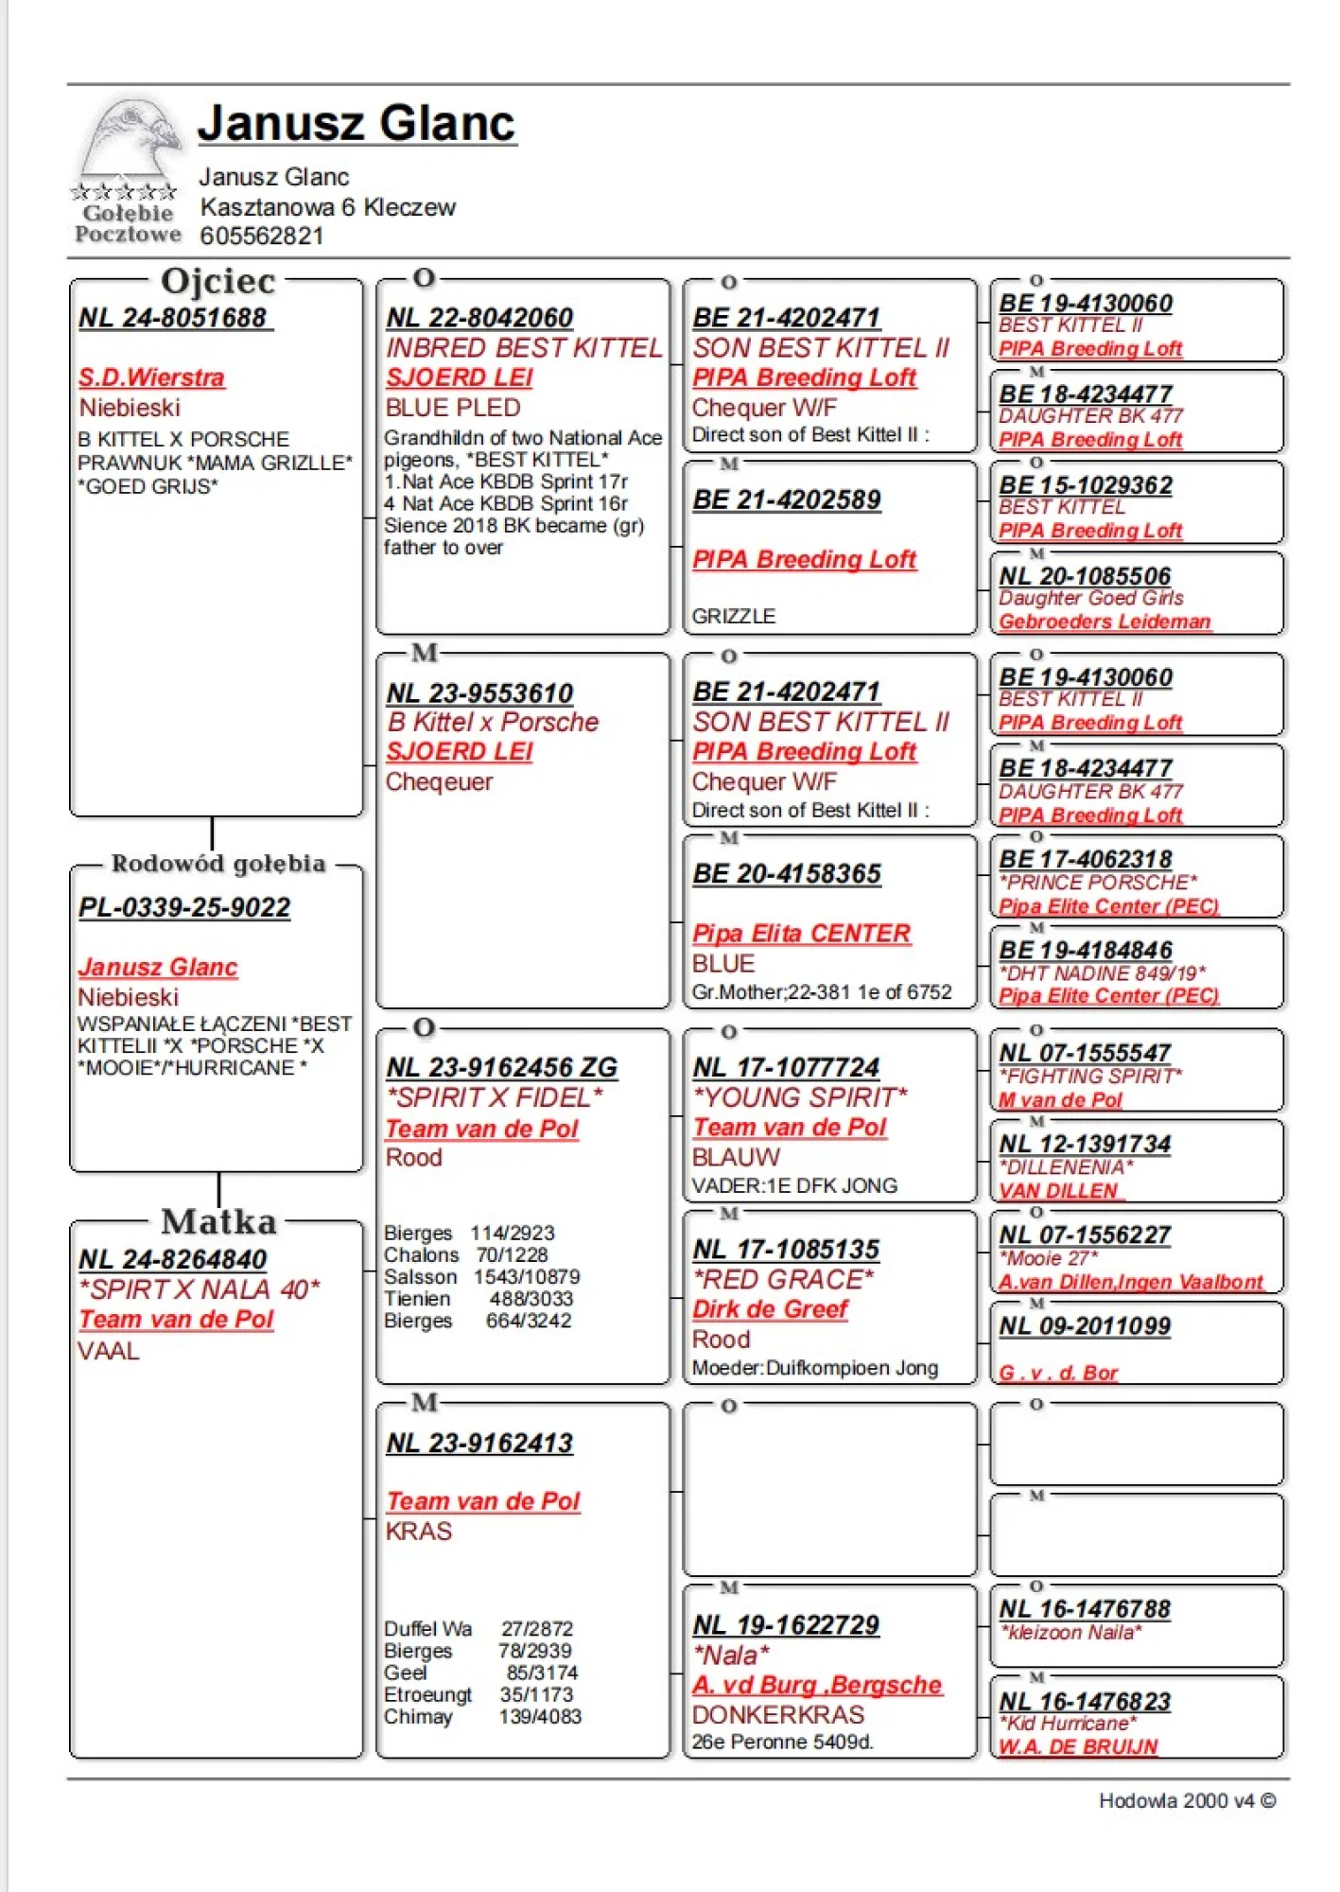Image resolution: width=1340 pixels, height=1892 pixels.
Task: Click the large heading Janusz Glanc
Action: [357, 123]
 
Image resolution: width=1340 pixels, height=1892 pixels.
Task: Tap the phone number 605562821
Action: [261, 236]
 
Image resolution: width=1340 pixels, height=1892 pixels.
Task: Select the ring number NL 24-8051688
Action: [174, 318]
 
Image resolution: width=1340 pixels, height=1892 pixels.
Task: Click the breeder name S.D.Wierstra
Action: [151, 377]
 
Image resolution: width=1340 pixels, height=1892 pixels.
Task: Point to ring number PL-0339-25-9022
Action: [184, 907]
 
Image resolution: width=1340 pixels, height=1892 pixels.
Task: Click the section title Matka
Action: [218, 1221]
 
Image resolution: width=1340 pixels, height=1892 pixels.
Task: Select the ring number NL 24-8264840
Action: [172, 1259]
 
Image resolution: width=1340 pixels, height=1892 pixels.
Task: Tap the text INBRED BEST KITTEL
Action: [524, 348]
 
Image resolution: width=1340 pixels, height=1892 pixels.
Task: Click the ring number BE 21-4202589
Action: [787, 499]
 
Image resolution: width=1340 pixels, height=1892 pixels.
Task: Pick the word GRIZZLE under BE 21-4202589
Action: [734, 616]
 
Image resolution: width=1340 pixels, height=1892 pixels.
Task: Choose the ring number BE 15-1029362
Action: [1086, 485]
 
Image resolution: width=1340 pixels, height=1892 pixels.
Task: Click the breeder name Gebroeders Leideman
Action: [1105, 622]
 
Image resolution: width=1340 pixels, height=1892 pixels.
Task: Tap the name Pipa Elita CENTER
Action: [801, 934]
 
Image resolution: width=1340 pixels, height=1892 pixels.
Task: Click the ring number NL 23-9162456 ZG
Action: [501, 1067]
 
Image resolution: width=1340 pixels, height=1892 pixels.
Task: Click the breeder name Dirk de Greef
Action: [770, 1309]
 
